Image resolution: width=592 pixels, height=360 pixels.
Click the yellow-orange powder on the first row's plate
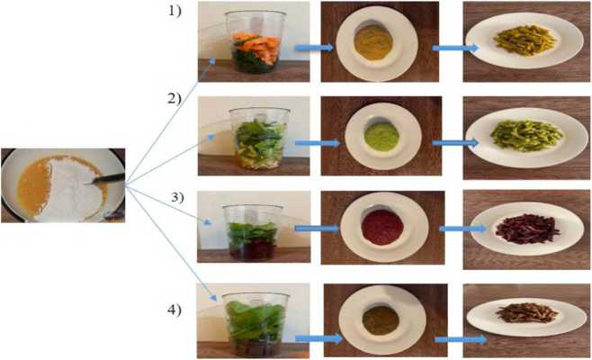(x=369, y=40)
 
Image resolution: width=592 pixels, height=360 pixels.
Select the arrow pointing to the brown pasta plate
(x=460, y=338)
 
